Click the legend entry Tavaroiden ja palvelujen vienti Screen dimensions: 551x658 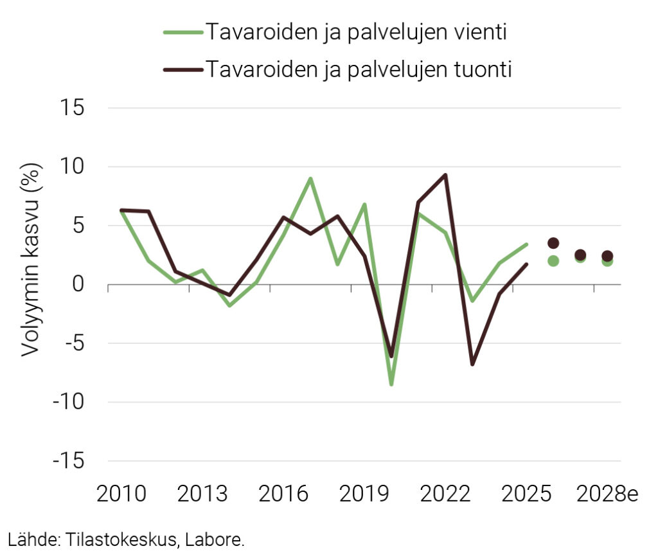click(355, 32)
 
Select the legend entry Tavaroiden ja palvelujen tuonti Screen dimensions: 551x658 click(358, 69)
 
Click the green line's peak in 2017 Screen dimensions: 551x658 click(310, 179)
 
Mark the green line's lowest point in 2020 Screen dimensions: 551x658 click(391, 384)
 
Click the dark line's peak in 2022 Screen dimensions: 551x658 click(445, 175)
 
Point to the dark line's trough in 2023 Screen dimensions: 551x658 click(472, 364)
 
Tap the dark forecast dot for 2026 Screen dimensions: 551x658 click(553, 243)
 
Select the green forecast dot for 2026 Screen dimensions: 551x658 click(553, 260)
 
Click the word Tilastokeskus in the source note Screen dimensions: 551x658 click(112, 539)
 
